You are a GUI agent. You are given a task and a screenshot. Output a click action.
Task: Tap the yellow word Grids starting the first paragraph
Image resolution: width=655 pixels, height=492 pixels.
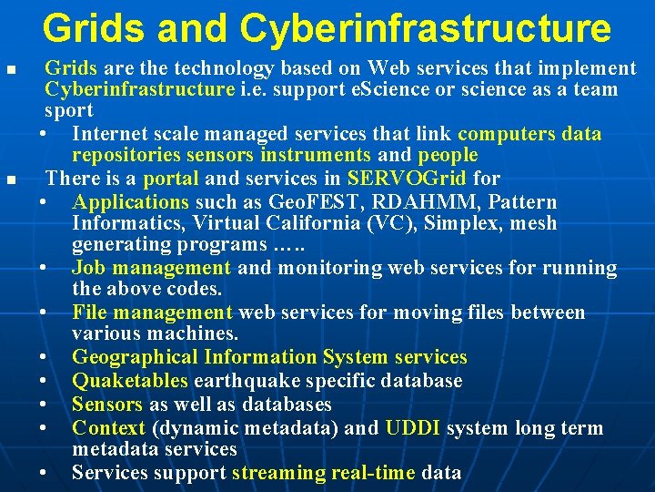coord(72,68)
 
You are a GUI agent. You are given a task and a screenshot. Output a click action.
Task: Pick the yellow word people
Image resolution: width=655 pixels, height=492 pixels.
coord(444,155)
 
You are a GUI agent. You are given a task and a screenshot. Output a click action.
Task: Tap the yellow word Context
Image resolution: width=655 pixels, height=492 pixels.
coord(108,427)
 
